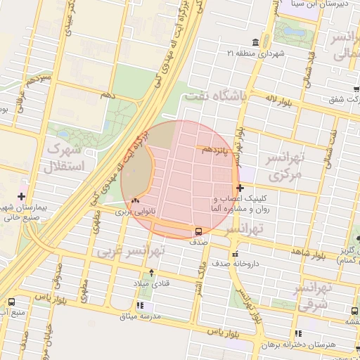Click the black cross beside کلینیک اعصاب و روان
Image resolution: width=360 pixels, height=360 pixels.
coord(240,188)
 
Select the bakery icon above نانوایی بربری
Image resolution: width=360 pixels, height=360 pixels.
coord(134,200)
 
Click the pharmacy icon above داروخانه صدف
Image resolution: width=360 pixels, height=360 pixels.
coord(235,254)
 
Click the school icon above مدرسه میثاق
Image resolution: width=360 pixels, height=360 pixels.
coord(141,306)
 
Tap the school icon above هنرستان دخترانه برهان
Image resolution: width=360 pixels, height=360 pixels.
coord(298,333)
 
